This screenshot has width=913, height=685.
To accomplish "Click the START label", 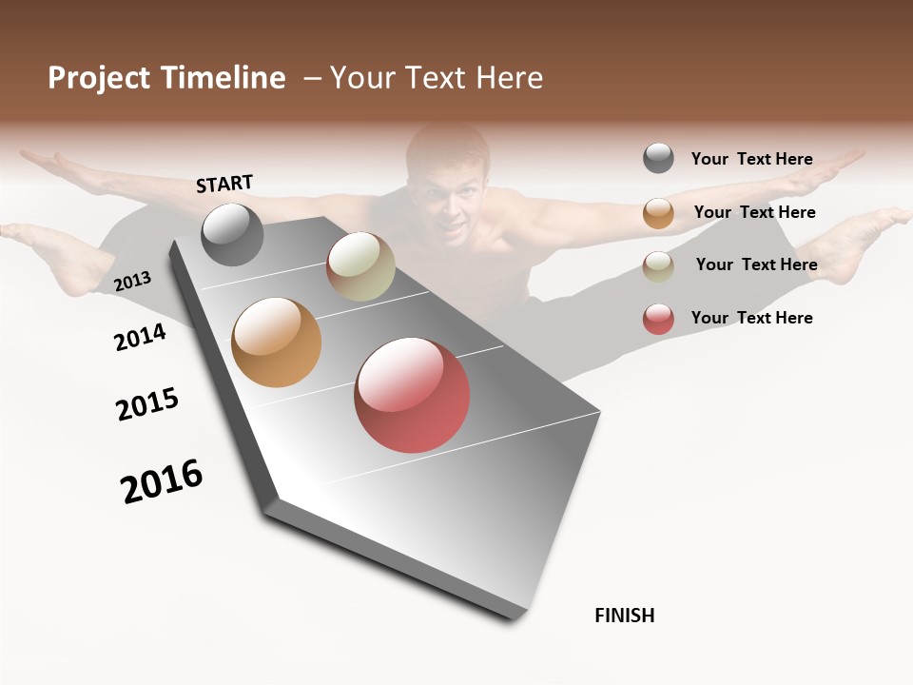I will point(224,184).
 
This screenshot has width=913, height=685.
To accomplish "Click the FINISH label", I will point(624,616).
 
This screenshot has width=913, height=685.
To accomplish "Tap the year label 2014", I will point(140,337).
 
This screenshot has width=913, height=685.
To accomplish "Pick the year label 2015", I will point(146,404).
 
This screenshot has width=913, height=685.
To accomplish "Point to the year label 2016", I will point(162,480).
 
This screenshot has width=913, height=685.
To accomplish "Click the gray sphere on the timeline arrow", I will point(232,234).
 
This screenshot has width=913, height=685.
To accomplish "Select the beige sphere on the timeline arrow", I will point(360,266).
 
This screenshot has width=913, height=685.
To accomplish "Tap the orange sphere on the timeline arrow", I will point(276,342).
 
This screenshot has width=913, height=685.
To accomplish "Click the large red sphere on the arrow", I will point(412,395).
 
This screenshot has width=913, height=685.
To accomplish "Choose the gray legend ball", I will point(658,158).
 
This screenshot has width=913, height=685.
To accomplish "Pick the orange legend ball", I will point(658,213).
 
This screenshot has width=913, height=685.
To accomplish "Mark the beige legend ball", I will point(658,266).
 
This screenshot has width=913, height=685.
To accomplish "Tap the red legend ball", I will point(658,319).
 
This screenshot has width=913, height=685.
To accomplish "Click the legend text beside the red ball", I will point(751,318).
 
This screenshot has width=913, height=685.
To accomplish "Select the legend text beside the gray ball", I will point(751,159).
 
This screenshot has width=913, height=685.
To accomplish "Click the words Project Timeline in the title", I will point(166,78).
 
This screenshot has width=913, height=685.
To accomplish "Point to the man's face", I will point(451,200).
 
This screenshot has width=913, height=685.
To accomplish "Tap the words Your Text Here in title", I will point(437,78).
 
